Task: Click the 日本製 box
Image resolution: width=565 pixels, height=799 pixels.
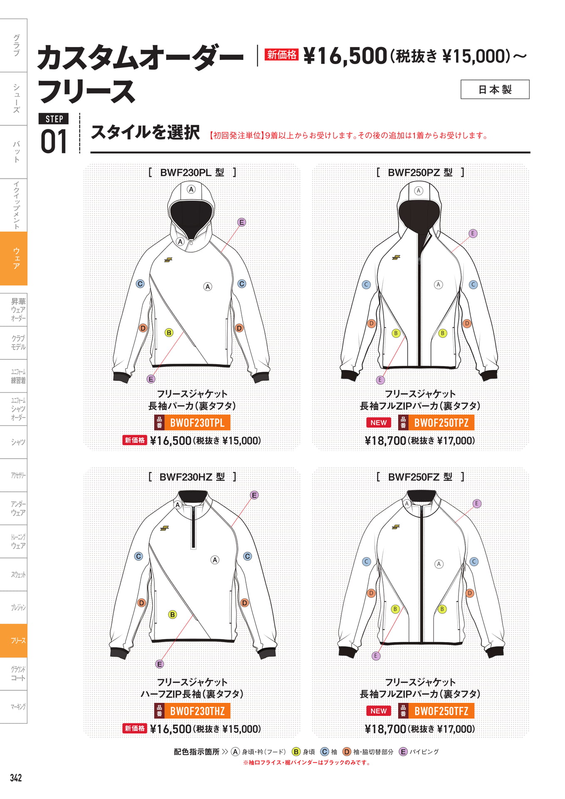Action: coord(495,89)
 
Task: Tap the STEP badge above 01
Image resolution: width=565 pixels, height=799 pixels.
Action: coord(54,119)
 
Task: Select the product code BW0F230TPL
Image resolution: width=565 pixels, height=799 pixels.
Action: coord(197,423)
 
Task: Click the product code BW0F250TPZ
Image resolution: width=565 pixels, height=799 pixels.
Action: coord(441,423)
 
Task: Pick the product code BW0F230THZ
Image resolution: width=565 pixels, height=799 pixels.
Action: coord(197,711)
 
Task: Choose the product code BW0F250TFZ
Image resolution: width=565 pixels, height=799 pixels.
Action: coord(441,711)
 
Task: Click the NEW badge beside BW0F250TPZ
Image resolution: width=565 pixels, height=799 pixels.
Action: coord(379,423)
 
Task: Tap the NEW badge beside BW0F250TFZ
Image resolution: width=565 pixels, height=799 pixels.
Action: coord(379,711)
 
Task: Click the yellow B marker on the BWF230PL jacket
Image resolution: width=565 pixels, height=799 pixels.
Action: coord(169,333)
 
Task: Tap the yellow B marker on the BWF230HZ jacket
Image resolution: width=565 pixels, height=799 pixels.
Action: coord(173,614)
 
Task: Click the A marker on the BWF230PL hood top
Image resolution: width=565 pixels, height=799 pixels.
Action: coord(191,189)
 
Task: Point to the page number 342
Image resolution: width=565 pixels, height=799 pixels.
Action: coord(16,778)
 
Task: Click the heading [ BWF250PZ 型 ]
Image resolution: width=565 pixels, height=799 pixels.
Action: coord(420,172)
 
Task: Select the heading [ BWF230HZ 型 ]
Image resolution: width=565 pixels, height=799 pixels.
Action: coord(192,477)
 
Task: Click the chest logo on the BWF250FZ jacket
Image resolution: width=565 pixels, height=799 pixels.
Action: coord(396,527)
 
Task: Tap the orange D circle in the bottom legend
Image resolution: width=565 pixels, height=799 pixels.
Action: coord(347,752)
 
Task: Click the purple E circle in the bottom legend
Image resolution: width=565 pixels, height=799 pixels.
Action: coord(403,752)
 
